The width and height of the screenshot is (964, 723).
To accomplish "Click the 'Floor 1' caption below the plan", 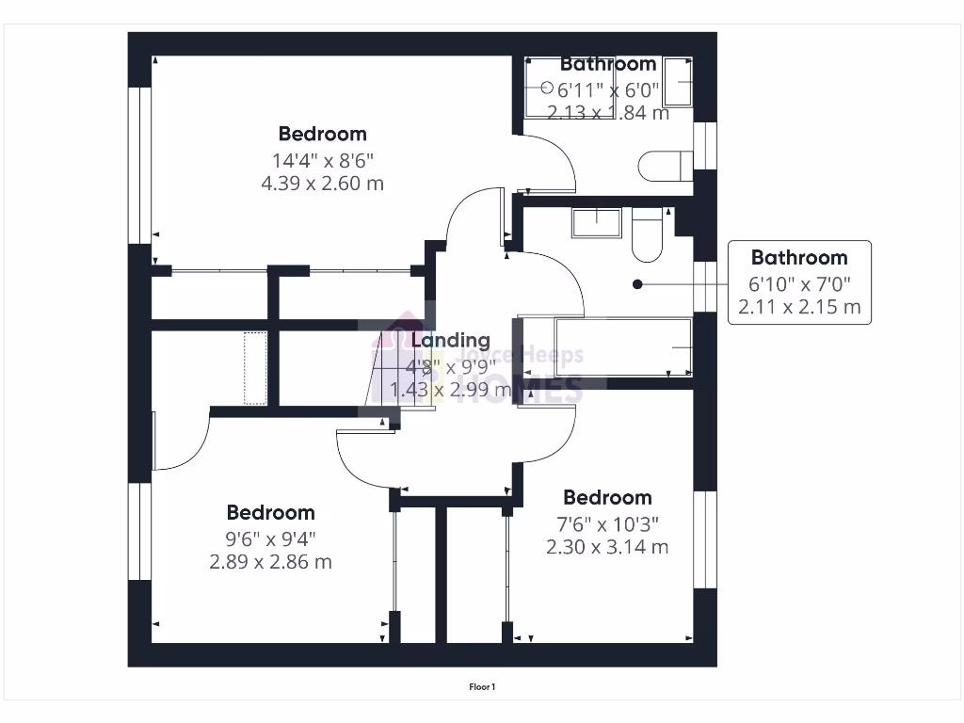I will [x=482, y=687].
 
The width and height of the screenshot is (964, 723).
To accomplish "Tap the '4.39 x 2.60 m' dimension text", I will [x=322, y=184].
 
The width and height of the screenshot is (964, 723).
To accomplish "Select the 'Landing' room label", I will [x=450, y=340].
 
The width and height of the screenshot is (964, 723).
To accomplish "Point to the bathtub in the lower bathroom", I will [x=622, y=347].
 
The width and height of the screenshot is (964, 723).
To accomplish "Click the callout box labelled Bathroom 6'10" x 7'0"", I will [x=798, y=282].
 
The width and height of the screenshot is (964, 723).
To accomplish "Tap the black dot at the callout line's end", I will [x=637, y=283].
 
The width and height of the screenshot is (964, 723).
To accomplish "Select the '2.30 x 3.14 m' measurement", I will [x=607, y=547].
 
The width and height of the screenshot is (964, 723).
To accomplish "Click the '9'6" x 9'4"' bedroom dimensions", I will [x=271, y=539].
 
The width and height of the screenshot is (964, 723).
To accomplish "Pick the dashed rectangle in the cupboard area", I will [x=255, y=368].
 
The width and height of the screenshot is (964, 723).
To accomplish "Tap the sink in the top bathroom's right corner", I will [x=679, y=79].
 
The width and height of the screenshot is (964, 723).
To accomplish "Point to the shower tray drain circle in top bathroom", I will [x=548, y=87].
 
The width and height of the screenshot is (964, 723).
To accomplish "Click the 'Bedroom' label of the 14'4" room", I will [x=322, y=134].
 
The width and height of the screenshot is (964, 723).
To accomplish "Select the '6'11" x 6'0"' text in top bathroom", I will [x=609, y=90].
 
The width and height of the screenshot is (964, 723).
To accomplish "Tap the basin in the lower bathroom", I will [x=595, y=222].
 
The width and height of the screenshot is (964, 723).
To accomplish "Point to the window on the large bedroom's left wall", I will [x=142, y=165].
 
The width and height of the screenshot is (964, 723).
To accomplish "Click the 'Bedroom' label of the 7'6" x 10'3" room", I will [x=607, y=497].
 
